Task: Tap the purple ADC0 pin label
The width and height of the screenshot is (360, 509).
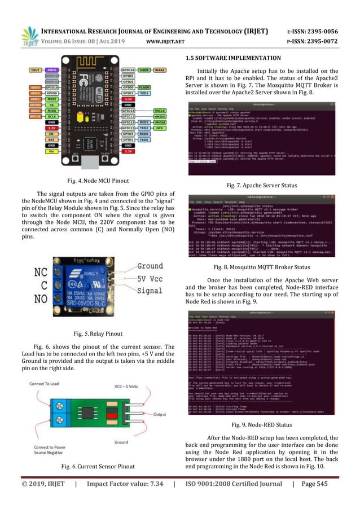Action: click(x=51, y=69)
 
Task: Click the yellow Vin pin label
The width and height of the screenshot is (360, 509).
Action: click(x=51, y=151)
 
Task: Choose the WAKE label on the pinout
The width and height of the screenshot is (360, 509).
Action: click(x=159, y=69)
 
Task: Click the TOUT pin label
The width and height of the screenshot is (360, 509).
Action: click(x=35, y=69)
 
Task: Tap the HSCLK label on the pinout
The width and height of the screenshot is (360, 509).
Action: click(x=160, y=111)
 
